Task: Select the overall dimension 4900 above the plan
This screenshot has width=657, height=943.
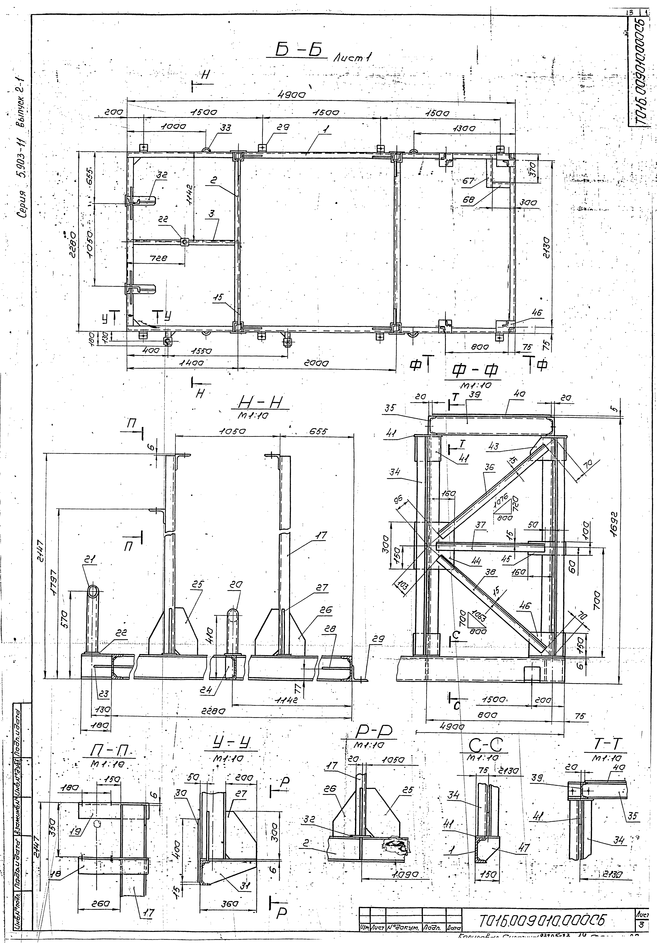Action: (x=293, y=95)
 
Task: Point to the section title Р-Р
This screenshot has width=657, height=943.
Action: (x=372, y=731)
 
